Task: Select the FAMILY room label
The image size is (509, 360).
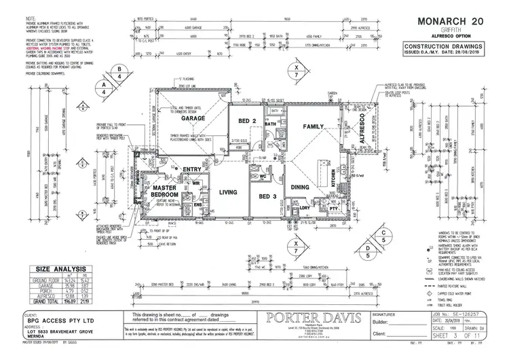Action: tap(313, 126)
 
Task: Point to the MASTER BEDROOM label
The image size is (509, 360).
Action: tap(164, 191)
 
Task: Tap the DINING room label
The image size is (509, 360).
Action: tap(300, 187)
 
